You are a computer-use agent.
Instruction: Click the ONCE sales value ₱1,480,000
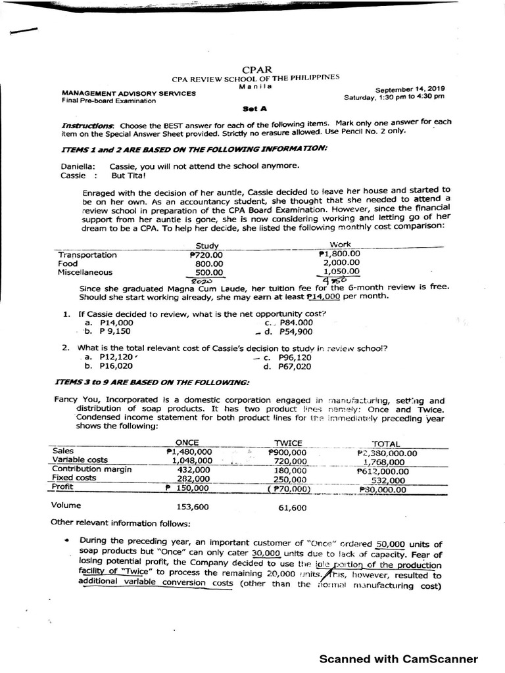[x=190, y=452]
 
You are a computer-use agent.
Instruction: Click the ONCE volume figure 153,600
[x=193, y=507]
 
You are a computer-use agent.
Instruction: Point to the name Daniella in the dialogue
[x=78, y=167]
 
